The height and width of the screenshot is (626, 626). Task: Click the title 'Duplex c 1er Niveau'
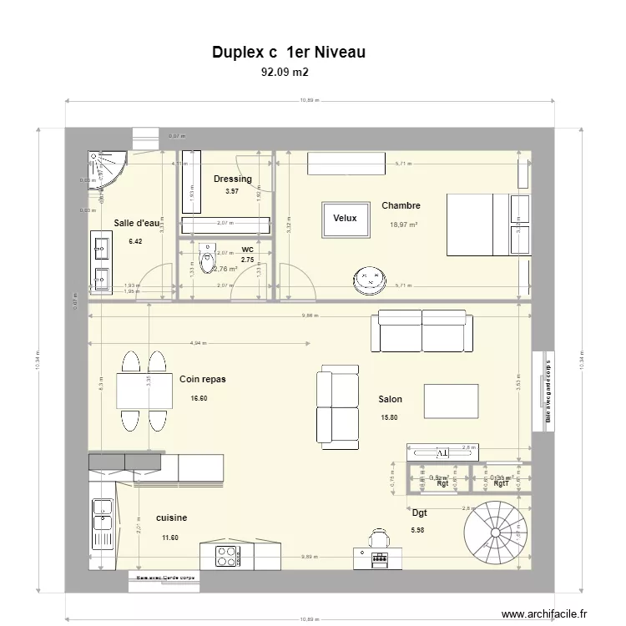coord(289,53)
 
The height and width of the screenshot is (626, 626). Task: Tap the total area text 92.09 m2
coord(285,73)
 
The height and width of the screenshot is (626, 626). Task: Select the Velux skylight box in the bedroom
coord(345,219)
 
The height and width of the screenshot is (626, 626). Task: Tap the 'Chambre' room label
coord(401,205)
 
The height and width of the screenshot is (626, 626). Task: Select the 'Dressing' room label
coord(232,179)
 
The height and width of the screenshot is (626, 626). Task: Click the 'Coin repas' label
coord(202,379)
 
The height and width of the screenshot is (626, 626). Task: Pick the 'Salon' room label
coord(390,400)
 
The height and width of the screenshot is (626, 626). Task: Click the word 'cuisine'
coord(171,517)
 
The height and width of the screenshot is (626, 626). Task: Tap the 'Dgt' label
coord(419,512)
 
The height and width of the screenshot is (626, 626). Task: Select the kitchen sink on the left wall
coord(103,516)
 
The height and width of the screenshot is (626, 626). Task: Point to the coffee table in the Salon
coord(452,401)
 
